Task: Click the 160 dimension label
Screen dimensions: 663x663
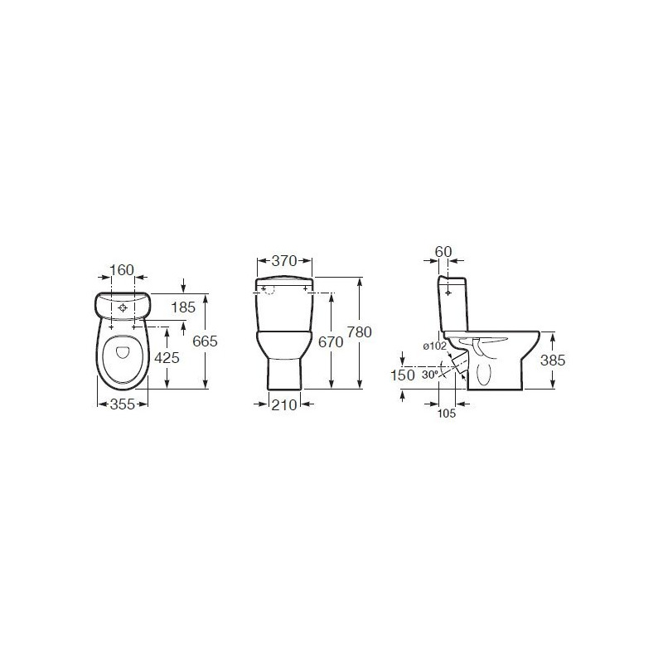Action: (122, 270)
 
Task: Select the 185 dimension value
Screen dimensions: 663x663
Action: (183, 307)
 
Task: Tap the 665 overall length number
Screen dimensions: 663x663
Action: (205, 341)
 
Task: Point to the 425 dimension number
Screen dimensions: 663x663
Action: (167, 358)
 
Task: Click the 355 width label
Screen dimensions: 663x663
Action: (123, 404)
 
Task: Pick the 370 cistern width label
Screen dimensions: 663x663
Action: (284, 261)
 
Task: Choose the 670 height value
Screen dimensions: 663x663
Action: (331, 341)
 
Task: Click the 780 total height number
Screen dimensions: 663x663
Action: (360, 332)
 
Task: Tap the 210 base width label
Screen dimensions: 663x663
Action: (284, 405)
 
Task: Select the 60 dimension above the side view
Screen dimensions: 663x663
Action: (443, 252)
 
